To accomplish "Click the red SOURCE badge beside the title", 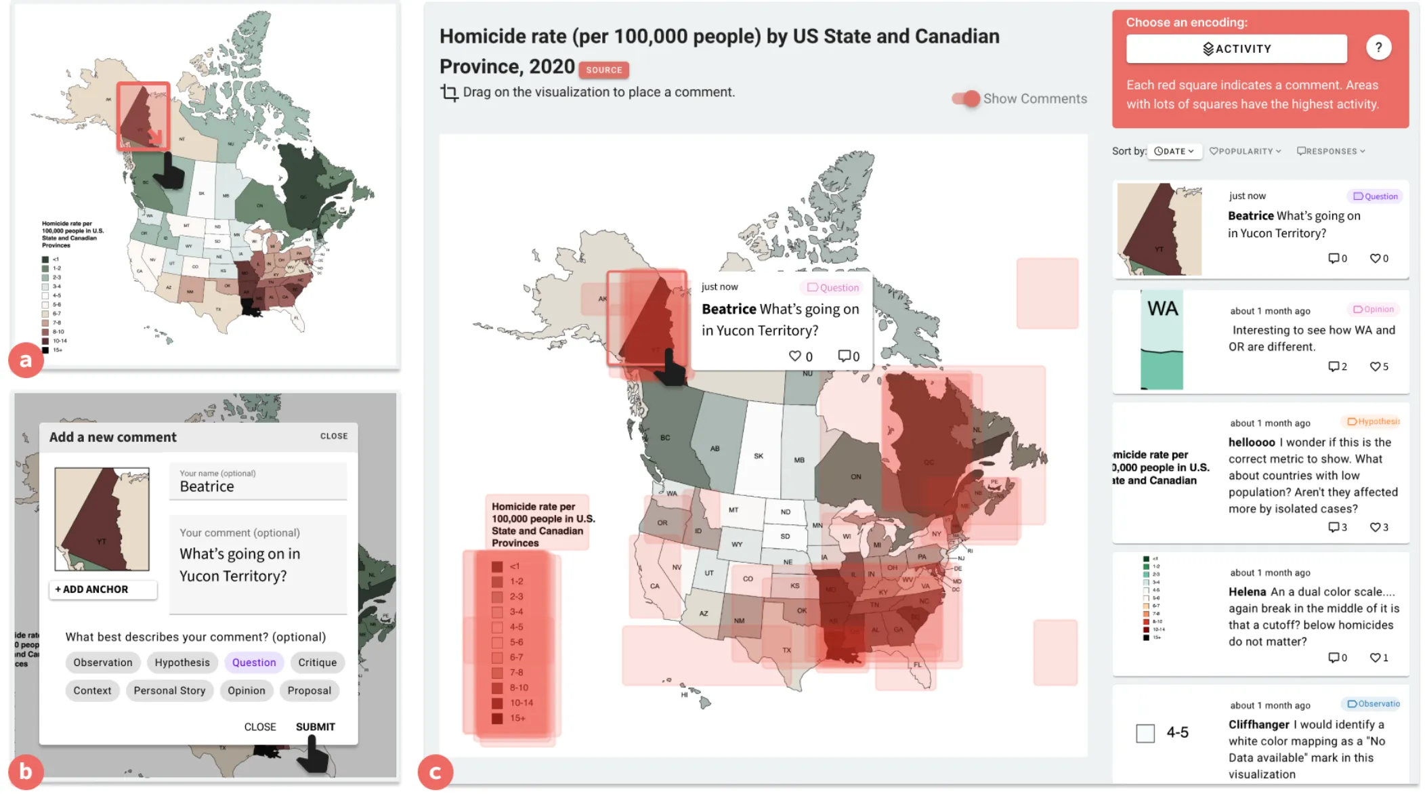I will pos(603,70).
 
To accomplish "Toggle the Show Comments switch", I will pos(966,99).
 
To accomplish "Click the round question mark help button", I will pos(1378,47).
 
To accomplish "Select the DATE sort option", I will pos(1174,151).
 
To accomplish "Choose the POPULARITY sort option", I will pos(1245,151).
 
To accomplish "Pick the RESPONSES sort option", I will pos(1330,151).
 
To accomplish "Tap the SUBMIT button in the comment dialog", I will pos(315,727).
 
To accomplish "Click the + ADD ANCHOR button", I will pos(103,589).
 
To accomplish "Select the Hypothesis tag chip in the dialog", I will pos(182,663).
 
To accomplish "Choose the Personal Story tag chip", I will pos(169,690).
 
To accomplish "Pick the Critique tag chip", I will pos(317,663).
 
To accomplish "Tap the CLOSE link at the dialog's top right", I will pos(334,436).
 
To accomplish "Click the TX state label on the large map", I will pos(786,650).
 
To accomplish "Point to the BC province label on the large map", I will pos(665,438).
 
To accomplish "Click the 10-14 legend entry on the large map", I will pos(521,703).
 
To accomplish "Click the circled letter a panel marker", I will pos(26,360).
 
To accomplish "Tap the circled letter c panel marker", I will pos(435,772).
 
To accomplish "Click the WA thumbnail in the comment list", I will pos(1162,340).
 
